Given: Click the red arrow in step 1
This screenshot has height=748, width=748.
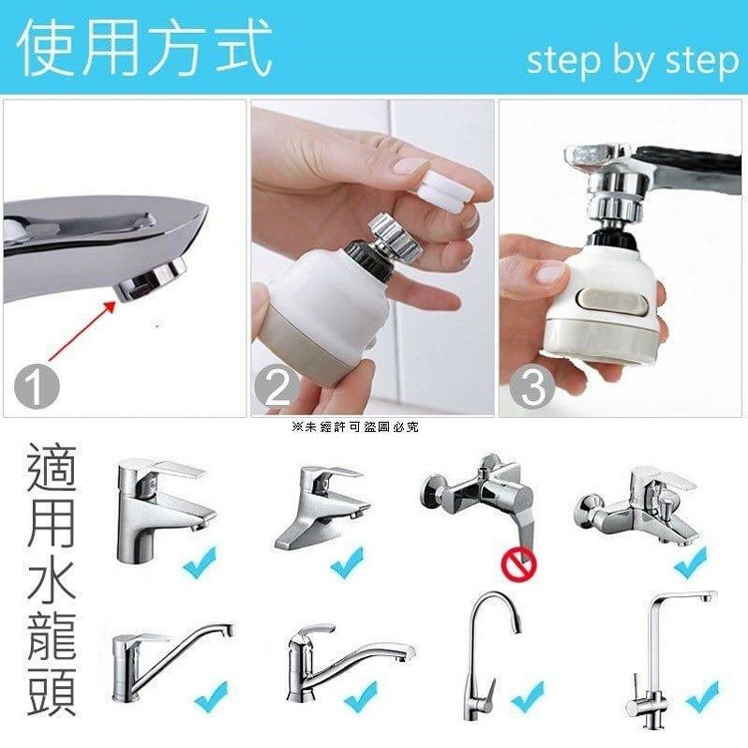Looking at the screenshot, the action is click(82, 330).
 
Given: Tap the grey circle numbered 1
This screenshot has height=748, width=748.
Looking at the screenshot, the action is click(36, 385).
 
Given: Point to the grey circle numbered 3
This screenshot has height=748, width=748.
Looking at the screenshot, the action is click(533, 385).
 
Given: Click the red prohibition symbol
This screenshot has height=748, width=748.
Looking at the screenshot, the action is click(519, 563).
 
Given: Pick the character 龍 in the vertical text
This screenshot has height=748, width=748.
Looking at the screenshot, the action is click(52, 636).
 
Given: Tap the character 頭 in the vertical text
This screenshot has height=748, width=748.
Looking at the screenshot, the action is click(52, 692).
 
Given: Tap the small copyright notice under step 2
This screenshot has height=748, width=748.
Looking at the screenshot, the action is click(355, 427).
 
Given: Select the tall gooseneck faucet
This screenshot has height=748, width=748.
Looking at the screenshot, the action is click(492, 656).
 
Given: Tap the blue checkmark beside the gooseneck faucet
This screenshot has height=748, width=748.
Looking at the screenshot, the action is click(528, 696).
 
